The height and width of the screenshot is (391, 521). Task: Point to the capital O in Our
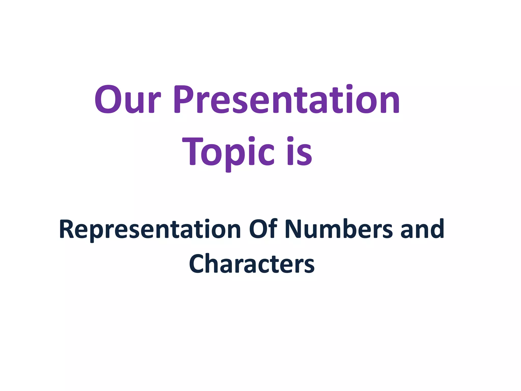point(108,100)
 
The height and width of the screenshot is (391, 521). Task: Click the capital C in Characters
point(198,264)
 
